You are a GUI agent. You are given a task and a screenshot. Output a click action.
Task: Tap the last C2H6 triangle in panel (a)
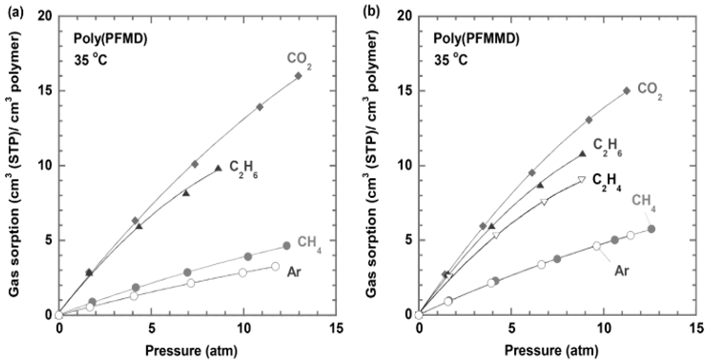[x=218, y=168]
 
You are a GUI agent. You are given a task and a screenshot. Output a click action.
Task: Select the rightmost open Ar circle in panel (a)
[x=275, y=266]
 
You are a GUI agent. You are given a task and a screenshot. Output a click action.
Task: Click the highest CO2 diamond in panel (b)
[x=627, y=91]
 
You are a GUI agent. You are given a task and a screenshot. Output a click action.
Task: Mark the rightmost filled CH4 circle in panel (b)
[x=651, y=229]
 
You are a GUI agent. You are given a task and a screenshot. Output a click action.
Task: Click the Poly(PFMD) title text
[x=110, y=39]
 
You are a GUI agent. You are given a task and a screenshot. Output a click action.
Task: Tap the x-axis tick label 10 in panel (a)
[x=244, y=328]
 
